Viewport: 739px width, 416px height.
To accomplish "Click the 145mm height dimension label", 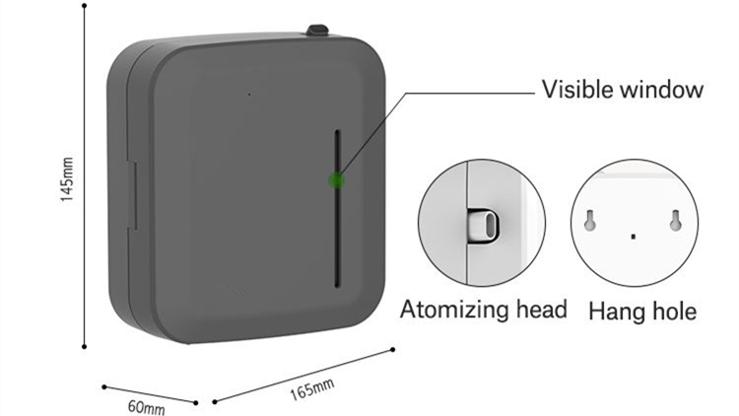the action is tap(67, 179).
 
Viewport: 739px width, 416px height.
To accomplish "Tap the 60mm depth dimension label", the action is tap(147, 407).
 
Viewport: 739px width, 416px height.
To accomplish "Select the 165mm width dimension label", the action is tap(311, 389).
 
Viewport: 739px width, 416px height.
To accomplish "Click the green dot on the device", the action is tap(336, 179).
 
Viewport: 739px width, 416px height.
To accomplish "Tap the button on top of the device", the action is tap(317, 31).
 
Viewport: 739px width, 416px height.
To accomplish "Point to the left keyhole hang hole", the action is tap(589, 220).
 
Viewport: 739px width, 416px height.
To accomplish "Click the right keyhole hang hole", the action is tap(675, 220).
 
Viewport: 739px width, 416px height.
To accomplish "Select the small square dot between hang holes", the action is tap(633, 237).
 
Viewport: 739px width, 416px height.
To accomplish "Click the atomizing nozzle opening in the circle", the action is tap(491, 225).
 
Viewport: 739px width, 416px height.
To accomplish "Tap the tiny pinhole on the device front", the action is tap(249, 95).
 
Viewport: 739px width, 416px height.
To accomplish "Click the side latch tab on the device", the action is tap(132, 196).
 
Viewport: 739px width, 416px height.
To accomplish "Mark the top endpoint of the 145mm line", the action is tap(85, 6).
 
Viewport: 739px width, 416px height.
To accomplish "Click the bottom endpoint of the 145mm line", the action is tap(85, 347).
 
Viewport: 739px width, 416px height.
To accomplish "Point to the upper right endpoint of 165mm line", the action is tap(392, 350).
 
